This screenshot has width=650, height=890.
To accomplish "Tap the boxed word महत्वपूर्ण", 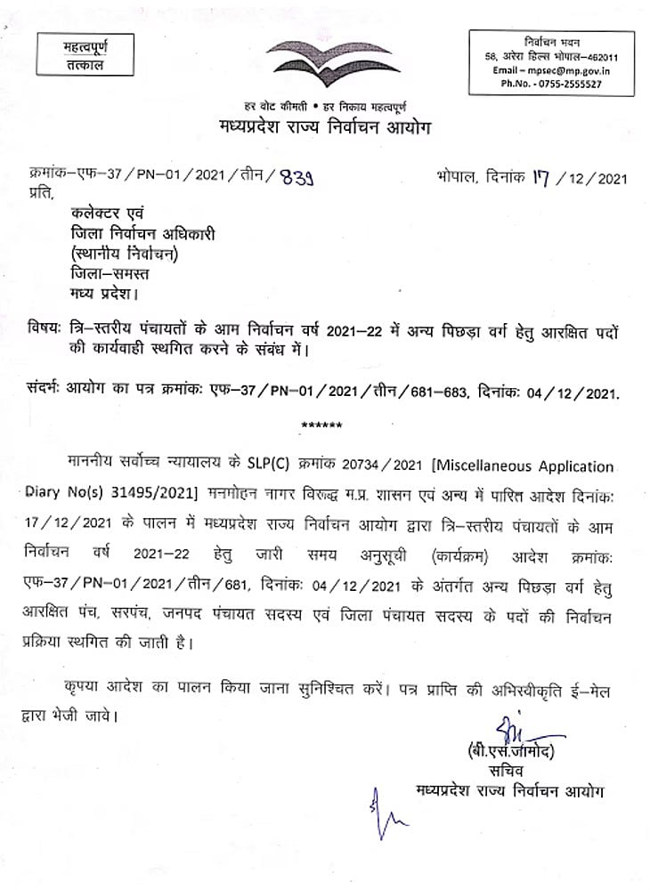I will [x=85, y=45].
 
